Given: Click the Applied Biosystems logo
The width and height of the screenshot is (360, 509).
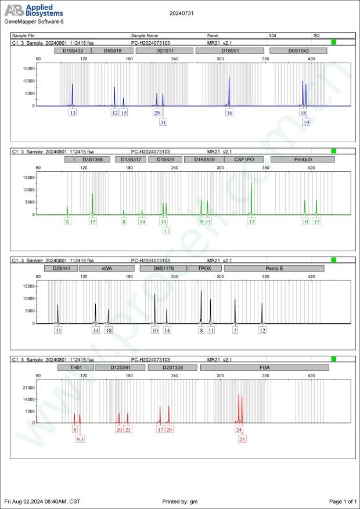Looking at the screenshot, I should click(x=33, y=10).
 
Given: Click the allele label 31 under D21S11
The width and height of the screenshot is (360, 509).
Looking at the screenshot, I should click(x=163, y=122).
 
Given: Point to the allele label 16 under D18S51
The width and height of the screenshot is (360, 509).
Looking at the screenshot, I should click(x=230, y=113).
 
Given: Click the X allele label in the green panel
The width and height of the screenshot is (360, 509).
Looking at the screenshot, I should click(x=68, y=221).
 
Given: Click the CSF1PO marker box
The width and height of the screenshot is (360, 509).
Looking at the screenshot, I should click(x=244, y=159).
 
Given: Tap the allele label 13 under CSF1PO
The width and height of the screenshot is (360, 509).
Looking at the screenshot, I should click(x=251, y=221).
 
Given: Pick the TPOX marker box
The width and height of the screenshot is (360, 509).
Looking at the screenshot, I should click(x=205, y=269).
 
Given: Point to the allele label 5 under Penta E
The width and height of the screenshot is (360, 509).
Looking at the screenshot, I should click(x=235, y=330).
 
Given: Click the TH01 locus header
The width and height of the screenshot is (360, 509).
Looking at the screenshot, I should click(x=75, y=367).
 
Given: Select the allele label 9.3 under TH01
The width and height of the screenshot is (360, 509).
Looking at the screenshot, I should click(x=80, y=439).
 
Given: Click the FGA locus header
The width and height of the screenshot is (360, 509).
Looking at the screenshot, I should click(x=264, y=367).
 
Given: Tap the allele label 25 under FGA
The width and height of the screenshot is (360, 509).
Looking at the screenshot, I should click(x=242, y=439).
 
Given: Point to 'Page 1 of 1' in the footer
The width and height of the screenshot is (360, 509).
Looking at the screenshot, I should click(x=342, y=501).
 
